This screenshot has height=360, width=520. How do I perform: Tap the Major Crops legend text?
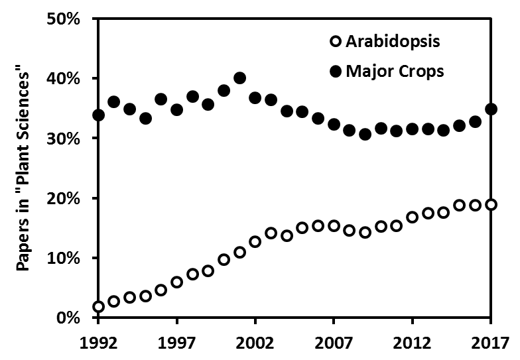(395, 71)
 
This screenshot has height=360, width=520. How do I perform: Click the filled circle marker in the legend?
(336, 71)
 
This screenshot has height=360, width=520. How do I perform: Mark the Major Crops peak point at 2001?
(240, 78)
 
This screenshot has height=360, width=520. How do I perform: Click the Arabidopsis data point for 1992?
(99, 306)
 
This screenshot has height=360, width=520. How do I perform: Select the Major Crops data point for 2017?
(491, 109)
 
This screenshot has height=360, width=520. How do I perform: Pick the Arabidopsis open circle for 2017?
(491, 204)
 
